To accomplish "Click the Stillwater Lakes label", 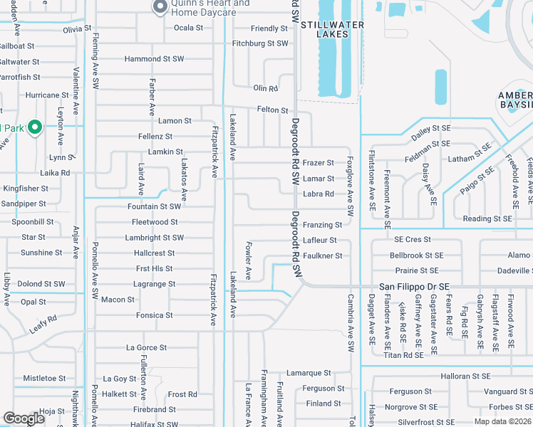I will click(x=332, y=29).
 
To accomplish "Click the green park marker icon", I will click(x=34, y=128).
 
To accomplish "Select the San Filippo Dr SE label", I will click(x=414, y=286).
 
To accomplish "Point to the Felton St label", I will click(x=272, y=110).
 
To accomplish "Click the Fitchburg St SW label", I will click(x=260, y=43).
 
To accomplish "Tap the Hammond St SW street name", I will click(x=154, y=59).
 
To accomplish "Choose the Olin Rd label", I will click(x=265, y=88).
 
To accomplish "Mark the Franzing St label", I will click(x=322, y=225).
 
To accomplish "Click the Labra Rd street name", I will click(x=319, y=194).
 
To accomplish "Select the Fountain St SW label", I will click(x=154, y=206).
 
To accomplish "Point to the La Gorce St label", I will click(x=146, y=348).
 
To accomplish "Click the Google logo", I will click(x=24, y=418).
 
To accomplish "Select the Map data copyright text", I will click(x=503, y=421).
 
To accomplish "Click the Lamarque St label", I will click(x=309, y=373).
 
